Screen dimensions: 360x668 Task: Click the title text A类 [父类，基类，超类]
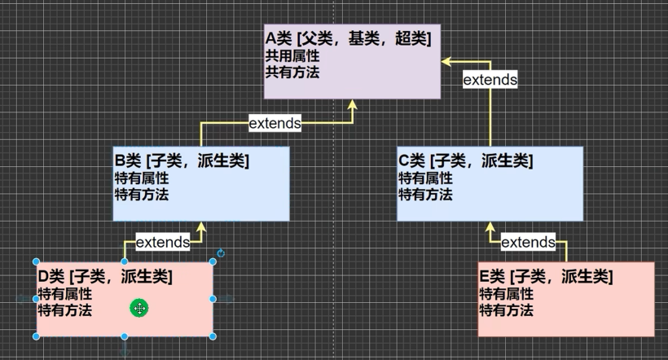(348, 39)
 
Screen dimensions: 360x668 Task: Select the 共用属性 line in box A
(292, 56)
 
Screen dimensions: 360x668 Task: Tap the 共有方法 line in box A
(292, 72)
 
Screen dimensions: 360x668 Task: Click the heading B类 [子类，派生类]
(182, 160)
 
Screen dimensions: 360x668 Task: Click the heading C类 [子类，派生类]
(465, 160)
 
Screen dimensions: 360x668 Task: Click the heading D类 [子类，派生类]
(105, 277)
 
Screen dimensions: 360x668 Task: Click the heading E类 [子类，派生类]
(546, 277)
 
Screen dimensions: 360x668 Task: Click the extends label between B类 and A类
(275, 124)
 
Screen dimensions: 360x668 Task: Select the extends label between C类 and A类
(490, 80)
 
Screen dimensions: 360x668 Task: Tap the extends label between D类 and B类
(163, 242)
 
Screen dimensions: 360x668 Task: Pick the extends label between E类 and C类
(528, 243)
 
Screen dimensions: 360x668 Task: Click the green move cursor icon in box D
(139, 308)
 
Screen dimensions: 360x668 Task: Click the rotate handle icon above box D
(221, 253)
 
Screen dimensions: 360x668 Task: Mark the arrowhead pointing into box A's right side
(447, 61)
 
